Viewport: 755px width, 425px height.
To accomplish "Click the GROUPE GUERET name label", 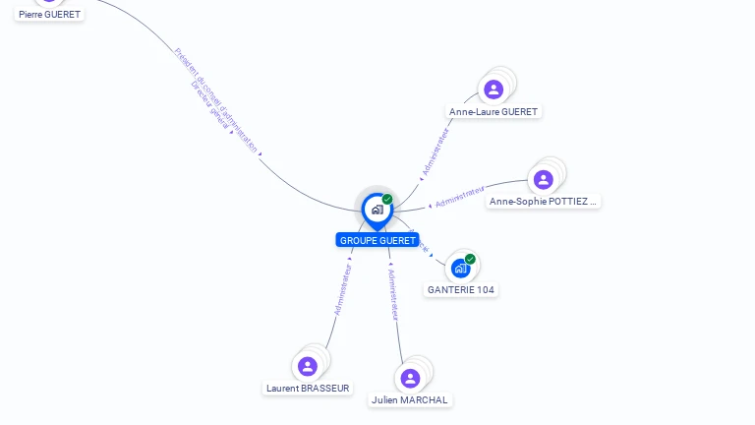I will pyautogui.click(x=377, y=240).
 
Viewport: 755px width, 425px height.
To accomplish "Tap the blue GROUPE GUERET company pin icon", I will pyautogui.click(x=377, y=210).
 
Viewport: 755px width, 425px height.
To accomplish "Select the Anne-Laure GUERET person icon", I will pyautogui.click(x=494, y=90).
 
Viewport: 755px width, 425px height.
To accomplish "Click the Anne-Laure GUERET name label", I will pyautogui.click(x=494, y=112).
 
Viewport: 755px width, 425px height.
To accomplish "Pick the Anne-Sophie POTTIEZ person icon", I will pyautogui.click(x=544, y=179).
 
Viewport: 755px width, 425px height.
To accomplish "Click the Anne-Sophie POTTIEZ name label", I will pyautogui.click(x=544, y=202).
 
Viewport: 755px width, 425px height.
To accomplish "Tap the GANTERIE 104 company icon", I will pyautogui.click(x=460, y=268).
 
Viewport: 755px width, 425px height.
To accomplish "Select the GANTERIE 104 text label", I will pyautogui.click(x=461, y=290).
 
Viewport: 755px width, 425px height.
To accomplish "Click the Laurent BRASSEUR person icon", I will pyautogui.click(x=308, y=366).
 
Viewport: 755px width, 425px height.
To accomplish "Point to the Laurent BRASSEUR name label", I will pyautogui.click(x=308, y=389).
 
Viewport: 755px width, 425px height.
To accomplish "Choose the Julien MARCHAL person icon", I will pyautogui.click(x=410, y=378).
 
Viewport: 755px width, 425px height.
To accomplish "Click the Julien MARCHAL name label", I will pyautogui.click(x=410, y=400).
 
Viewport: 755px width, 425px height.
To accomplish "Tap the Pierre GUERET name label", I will pyautogui.click(x=49, y=15).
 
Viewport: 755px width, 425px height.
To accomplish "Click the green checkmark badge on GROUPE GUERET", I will pyautogui.click(x=387, y=200).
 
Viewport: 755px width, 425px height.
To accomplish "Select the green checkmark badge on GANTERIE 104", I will pyautogui.click(x=470, y=259).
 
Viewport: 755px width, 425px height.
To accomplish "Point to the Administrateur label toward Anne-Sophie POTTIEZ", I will pyautogui.click(x=460, y=196).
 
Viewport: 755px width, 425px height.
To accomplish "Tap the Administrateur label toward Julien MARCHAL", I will pyautogui.click(x=393, y=294).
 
